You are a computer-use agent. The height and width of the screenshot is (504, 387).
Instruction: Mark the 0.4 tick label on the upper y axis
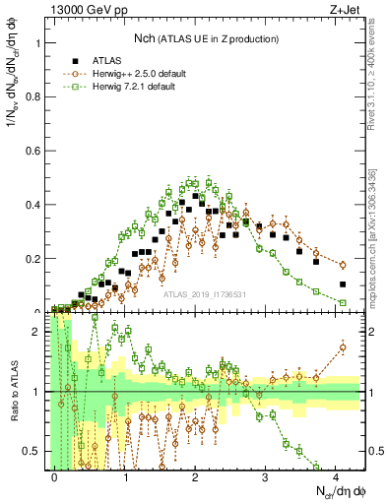point(34,205)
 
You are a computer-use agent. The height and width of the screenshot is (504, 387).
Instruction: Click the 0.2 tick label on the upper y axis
point(34,259)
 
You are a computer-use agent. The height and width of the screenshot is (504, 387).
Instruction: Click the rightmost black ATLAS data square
point(343,284)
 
